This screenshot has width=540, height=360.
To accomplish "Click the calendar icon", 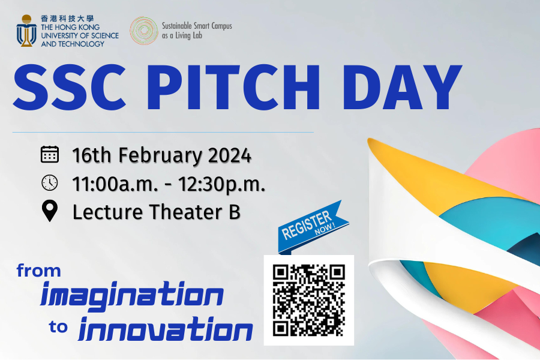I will (x=50, y=155).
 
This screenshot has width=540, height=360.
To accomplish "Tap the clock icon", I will (x=50, y=182).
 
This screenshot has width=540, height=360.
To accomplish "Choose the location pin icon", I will (x=50, y=211).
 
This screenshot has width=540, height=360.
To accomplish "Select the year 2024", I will (x=229, y=155).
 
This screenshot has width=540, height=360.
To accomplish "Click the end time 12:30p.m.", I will (x=223, y=184).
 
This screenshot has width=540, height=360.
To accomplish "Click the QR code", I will (x=308, y=300).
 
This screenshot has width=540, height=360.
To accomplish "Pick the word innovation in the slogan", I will (x=166, y=331).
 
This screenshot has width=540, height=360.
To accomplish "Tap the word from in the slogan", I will (x=39, y=271).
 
